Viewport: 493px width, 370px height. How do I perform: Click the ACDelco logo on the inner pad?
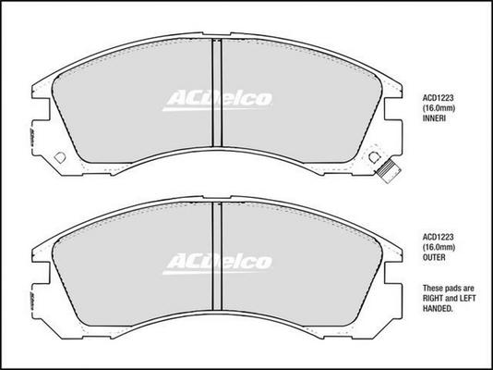pyautogui.click(x=217, y=101)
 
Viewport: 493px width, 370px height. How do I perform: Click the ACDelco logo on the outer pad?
pyautogui.click(x=217, y=264)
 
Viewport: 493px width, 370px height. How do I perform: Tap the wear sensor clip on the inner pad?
pyautogui.click(x=389, y=171)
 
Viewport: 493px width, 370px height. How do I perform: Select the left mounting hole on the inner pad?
pyautogui.click(x=60, y=157)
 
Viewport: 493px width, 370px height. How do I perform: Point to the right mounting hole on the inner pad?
pyautogui.click(x=374, y=157)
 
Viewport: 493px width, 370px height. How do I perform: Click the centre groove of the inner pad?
pyautogui.click(x=217, y=92)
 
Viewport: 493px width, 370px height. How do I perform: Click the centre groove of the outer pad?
pyautogui.click(x=217, y=256)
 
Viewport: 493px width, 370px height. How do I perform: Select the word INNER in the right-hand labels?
pyautogui.click(x=434, y=118)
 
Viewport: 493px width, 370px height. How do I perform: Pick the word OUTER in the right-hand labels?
pyautogui.click(x=434, y=257)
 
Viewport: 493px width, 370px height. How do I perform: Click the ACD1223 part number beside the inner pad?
pyautogui.click(x=438, y=98)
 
